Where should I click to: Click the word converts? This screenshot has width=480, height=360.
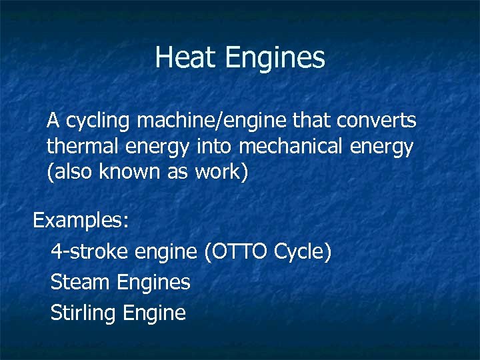[x=376, y=121]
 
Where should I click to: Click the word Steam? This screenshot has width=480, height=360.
[x=81, y=282]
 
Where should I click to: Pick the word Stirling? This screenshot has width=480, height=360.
[x=83, y=313]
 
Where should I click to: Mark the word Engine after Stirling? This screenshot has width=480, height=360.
[x=155, y=313]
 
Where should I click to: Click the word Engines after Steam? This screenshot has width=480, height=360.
[x=154, y=283]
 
